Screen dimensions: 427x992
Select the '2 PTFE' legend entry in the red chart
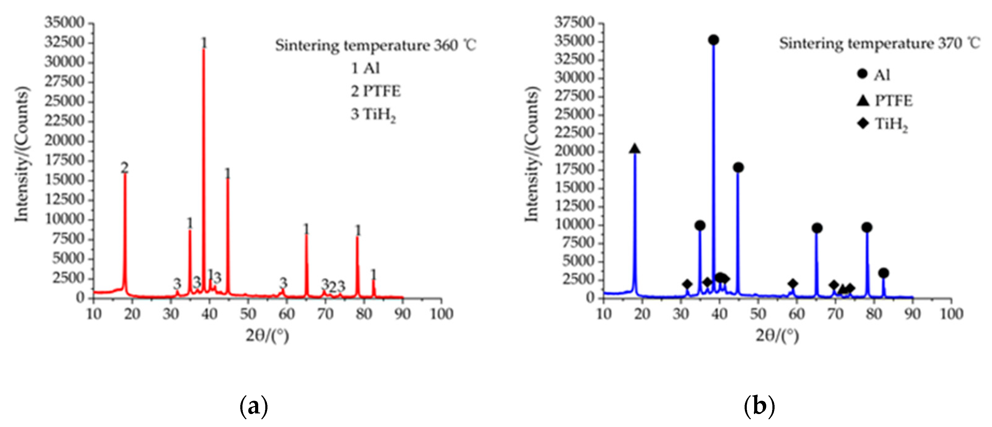coord(376,92)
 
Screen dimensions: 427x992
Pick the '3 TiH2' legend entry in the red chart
coord(373,115)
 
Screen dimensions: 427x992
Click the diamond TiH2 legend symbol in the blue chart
coord(863,123)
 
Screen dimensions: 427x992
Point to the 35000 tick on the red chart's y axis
coord(64,22)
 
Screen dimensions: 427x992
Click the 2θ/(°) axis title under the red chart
coord(267,336)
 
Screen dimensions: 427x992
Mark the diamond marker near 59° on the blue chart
coord(792,284)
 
